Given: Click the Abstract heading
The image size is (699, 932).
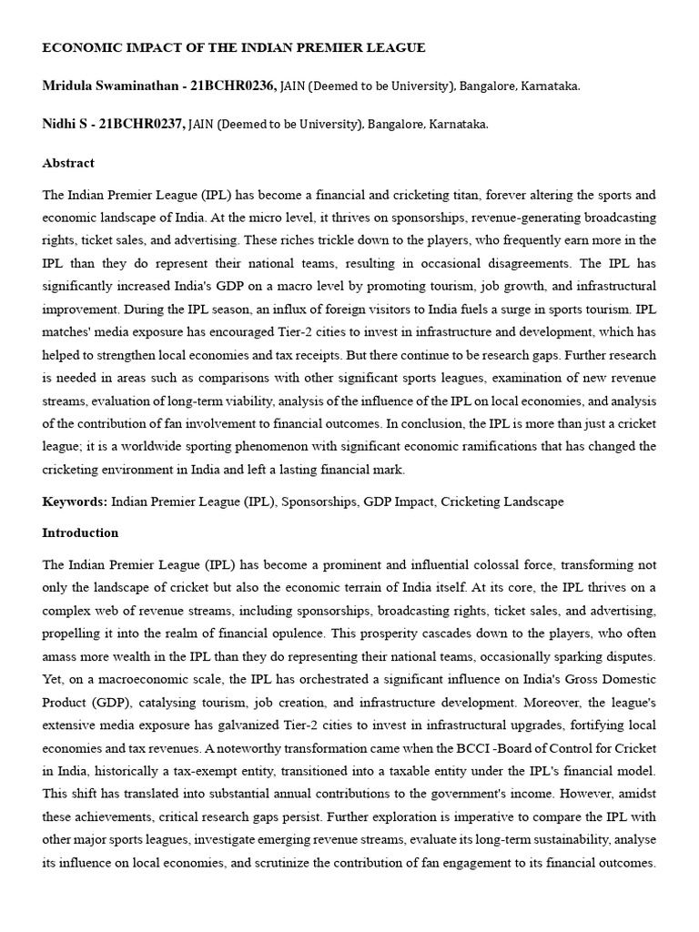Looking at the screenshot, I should pos(68,163).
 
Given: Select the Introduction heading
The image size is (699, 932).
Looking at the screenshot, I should pos(80,532).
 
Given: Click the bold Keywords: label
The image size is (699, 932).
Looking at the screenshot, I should pos(75,501).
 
